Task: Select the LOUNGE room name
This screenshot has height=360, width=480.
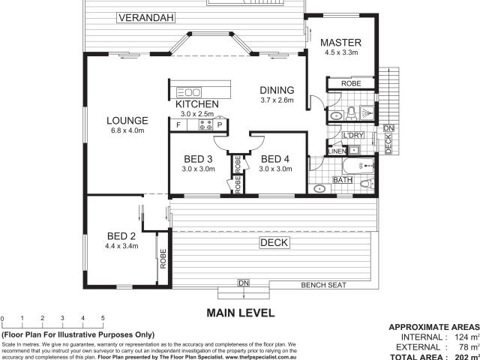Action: [127, 120]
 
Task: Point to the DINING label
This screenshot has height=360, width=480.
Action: [276, 89]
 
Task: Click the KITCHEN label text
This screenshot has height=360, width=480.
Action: [197, 104]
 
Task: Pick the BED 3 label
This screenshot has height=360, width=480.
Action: [198, 158]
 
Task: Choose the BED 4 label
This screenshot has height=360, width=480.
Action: [274, 158]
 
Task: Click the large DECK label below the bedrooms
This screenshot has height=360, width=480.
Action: [271, 242]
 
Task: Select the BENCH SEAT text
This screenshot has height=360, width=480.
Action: [323, 285]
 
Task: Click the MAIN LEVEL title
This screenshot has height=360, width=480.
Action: [241, 312]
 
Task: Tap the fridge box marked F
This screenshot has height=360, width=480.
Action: [178, 125]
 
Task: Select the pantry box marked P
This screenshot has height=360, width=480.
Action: [220, 125]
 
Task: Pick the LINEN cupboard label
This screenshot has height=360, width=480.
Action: [335, 151]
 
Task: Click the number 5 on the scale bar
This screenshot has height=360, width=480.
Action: [103, 319]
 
